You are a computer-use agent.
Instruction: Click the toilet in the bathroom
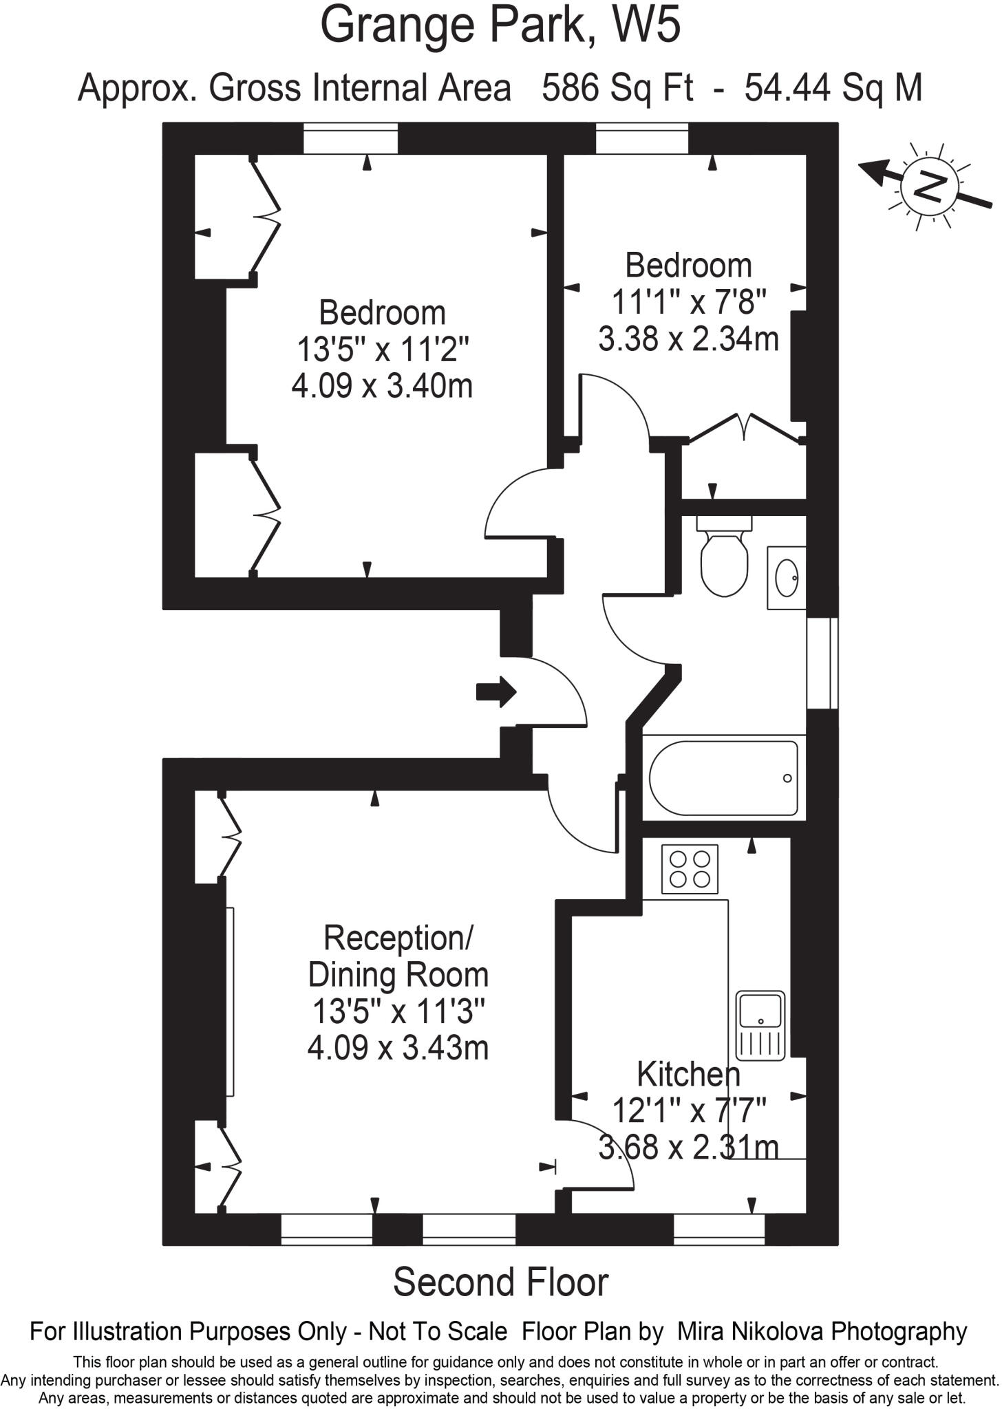click(x=724, y=561)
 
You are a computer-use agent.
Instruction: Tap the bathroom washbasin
click(x=786, y=577)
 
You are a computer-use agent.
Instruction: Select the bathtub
click(x=723, y=777)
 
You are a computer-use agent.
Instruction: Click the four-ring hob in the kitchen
click(x=690, y=869)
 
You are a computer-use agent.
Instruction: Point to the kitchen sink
click(x=760, y=1024)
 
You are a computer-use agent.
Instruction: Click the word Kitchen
click(x=688, y=1074)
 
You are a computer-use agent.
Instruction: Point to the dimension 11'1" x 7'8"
click(x=688, y=302)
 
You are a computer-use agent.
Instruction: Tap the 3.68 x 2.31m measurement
click(x=688, y=1147)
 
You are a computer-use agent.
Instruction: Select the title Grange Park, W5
click(x=500, y=26)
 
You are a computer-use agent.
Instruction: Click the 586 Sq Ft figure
click(x=617, y=88)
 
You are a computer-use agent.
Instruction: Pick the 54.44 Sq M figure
click(x=833, y=88)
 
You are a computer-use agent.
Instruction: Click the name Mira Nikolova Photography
click(x=822, y=1331)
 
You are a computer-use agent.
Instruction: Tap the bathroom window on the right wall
click(x=822, y=663)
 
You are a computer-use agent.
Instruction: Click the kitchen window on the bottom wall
click(x=718, y=1229)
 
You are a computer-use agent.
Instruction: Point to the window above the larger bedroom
click(x=350, y=138)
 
